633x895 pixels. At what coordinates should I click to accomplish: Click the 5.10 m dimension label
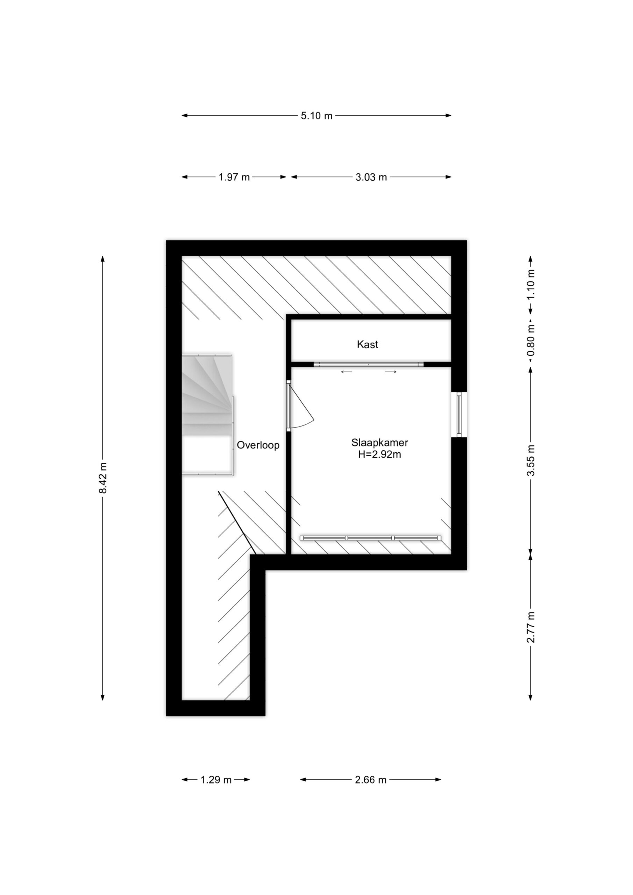[316, 116]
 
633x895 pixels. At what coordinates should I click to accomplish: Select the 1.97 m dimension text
[234, 177]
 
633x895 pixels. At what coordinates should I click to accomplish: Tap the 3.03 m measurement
[371, 177]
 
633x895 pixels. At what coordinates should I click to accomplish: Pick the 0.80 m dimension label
[531, 339]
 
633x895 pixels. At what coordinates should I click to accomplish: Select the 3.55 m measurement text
[531, 460]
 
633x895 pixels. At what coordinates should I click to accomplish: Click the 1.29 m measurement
[216, 779]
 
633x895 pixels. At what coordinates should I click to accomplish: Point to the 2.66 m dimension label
[370, 779]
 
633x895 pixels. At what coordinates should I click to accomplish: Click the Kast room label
[368, 344]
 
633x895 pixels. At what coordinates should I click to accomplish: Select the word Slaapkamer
[379, 443]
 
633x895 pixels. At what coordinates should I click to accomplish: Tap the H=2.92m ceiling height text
[379, 454]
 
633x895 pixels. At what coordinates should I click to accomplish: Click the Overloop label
[258, 445]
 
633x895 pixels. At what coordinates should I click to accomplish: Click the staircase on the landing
[207, 414]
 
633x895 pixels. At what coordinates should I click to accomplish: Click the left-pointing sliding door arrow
[346, 372]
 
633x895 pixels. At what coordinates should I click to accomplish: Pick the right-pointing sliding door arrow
[391, 372]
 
